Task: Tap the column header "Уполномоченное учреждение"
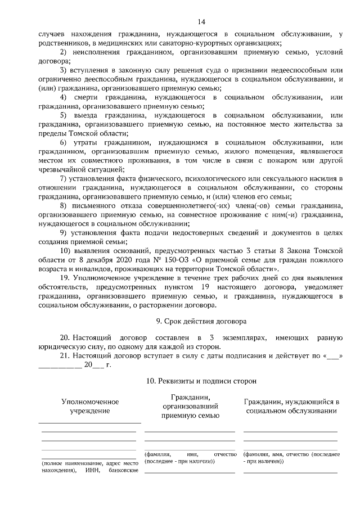[90, 407]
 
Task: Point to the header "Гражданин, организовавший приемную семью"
[190, 407]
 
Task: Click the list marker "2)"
[64, 52]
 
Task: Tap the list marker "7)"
[64, 179]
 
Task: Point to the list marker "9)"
[64, 232]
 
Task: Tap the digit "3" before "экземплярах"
[210, 338]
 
